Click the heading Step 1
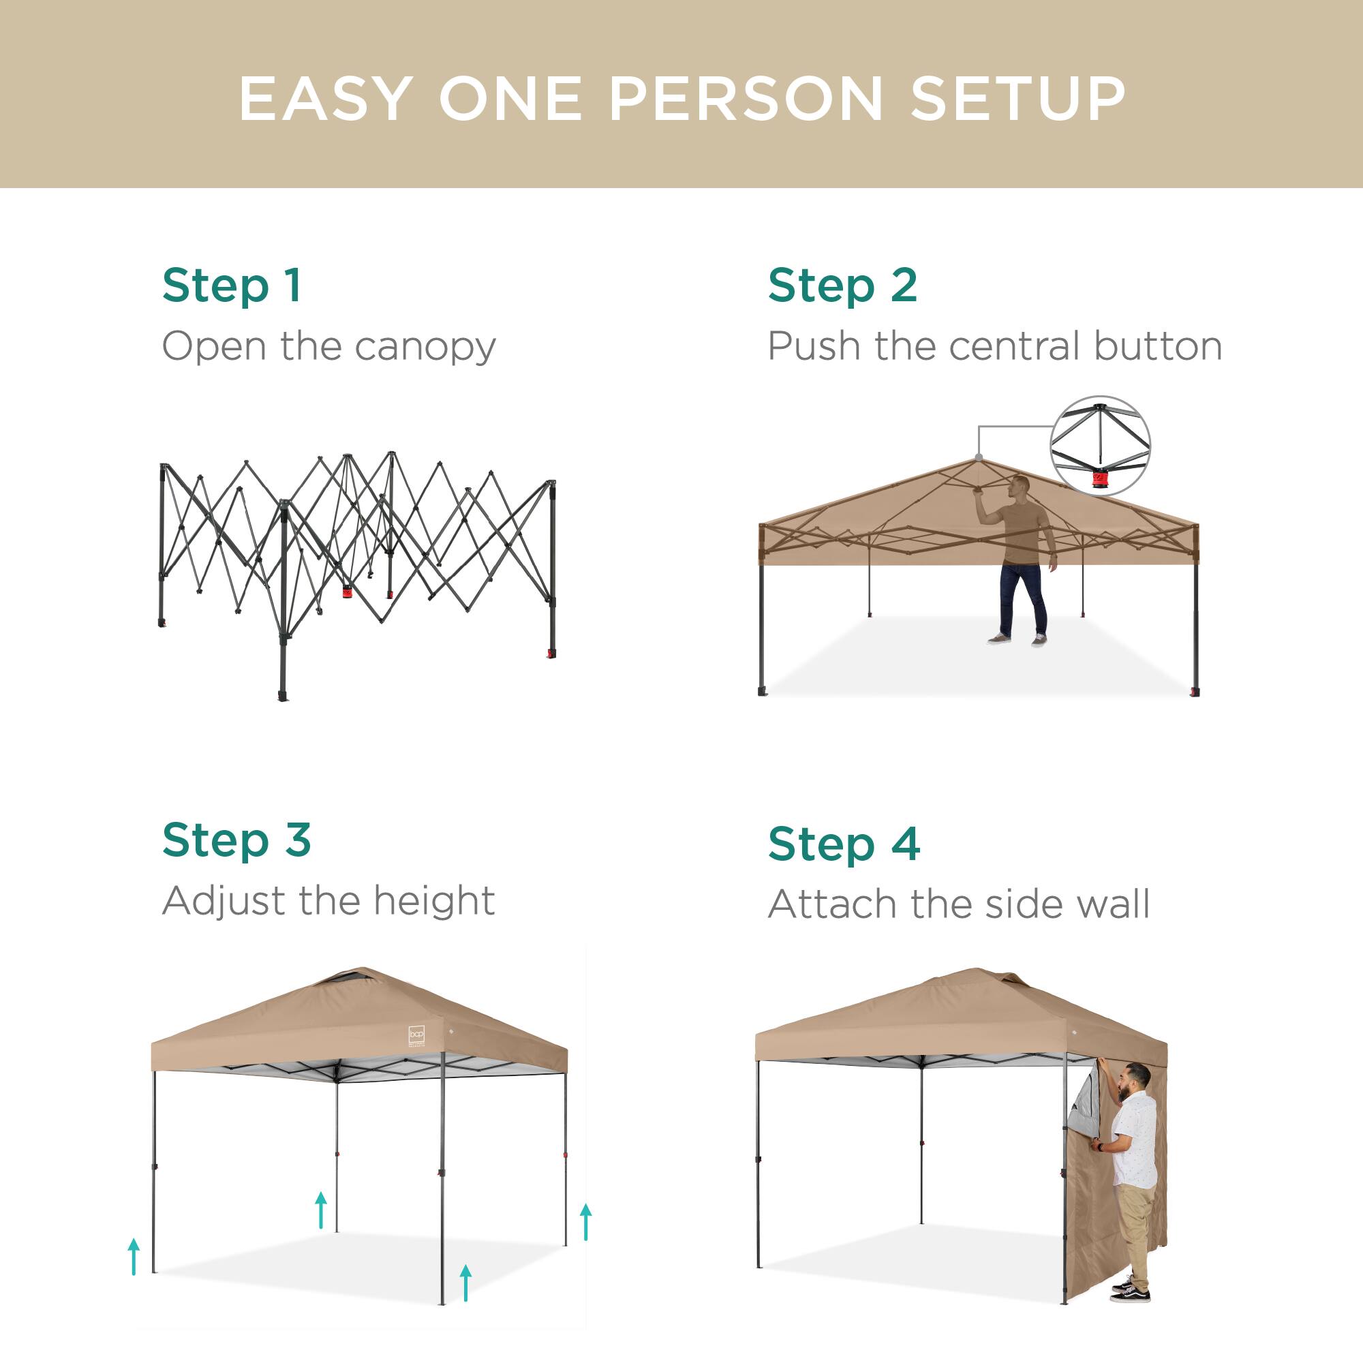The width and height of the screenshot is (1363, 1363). coord(232,286)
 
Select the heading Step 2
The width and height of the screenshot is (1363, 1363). coord(842,286)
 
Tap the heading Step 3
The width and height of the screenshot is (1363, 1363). coord(236,840)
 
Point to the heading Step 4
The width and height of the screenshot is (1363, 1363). coord(844,844)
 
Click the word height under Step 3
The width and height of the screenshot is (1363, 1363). coord(434,901)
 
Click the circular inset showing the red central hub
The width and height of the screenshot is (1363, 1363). coord(1100,445)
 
